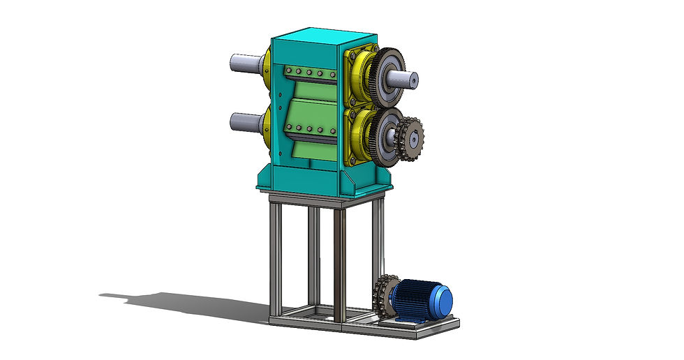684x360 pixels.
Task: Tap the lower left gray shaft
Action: (244, 122)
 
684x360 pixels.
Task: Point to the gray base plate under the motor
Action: (419, 324)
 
